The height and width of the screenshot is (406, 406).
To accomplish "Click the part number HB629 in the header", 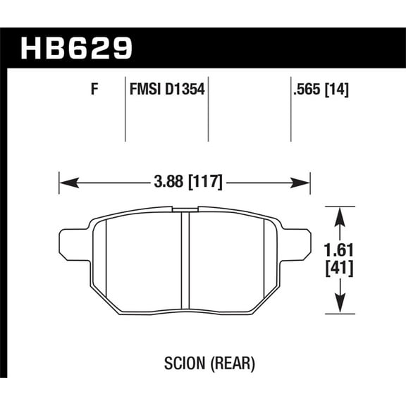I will (78, 49).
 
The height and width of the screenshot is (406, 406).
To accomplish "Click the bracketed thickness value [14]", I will (338, 90).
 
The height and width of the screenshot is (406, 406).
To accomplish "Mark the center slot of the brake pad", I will (185, 261).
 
